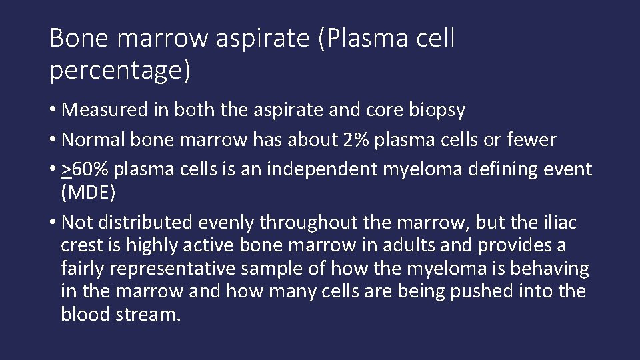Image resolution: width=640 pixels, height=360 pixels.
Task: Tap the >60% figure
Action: click(85, 169)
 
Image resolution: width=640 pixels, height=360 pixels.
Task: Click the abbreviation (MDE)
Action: click(88, 193)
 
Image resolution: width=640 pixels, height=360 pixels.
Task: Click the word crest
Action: click(82, 245)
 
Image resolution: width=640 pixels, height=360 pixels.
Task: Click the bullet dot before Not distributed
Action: click(53, 223)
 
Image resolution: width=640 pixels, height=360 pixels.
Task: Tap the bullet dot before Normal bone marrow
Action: click(53, 140)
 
